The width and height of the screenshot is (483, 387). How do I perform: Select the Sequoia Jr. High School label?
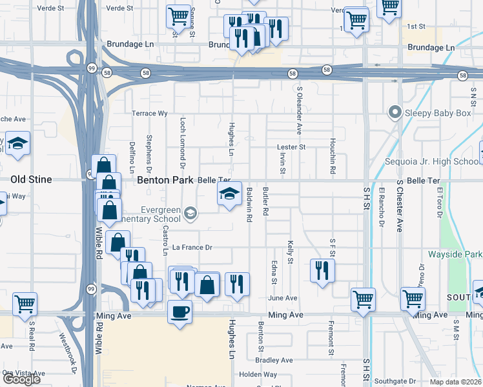coord(431,161)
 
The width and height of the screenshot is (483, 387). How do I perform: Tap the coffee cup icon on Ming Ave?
coord(179,312)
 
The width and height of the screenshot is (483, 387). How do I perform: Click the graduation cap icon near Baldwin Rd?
coord(229,194)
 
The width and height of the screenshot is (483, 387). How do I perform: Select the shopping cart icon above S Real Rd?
coord(25,303)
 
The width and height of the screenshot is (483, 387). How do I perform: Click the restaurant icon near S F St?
coord(322,270)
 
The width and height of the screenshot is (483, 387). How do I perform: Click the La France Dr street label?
coord(192,248)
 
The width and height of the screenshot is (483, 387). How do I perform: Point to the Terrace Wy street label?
coord(149,114)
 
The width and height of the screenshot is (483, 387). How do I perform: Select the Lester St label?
coord(291,147)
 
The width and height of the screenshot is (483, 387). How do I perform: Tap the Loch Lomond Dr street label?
coord(183,139)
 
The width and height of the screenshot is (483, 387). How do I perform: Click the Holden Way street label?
coord(258,374)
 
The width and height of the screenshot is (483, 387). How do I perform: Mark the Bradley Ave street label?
coord(274,360)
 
